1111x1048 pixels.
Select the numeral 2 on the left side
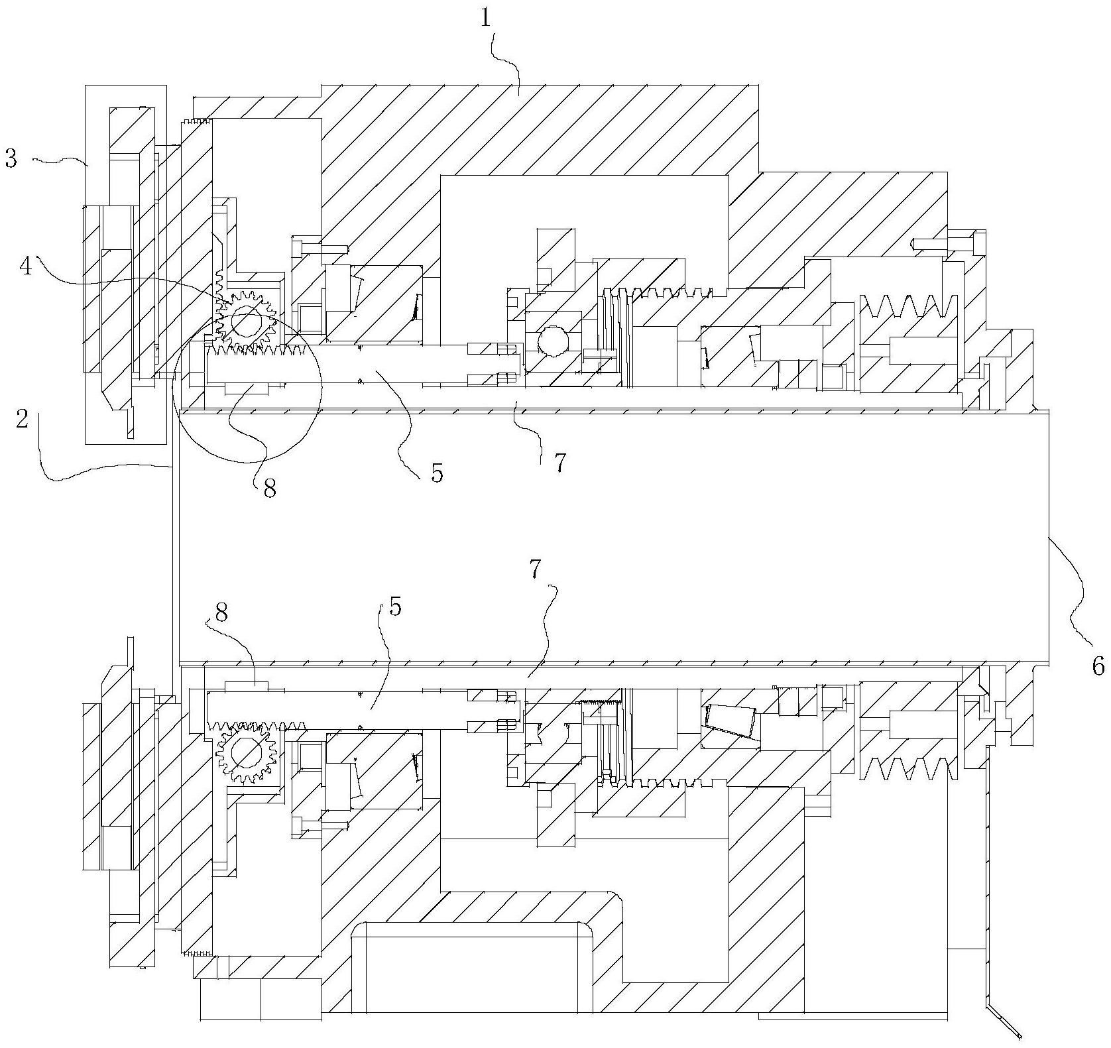[x=22, y=420]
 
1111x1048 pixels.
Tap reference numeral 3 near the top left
[x=11, y=159]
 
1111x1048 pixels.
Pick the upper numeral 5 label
[x=437, y=473]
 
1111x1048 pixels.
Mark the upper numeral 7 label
[x=560, y=463]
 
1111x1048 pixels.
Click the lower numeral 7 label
[x=536, y=569]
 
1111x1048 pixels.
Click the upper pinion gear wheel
[x=246, y=322]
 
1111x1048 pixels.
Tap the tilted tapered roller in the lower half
[x=732, y=721]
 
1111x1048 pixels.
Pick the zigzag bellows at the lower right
[x=909, y=771]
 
